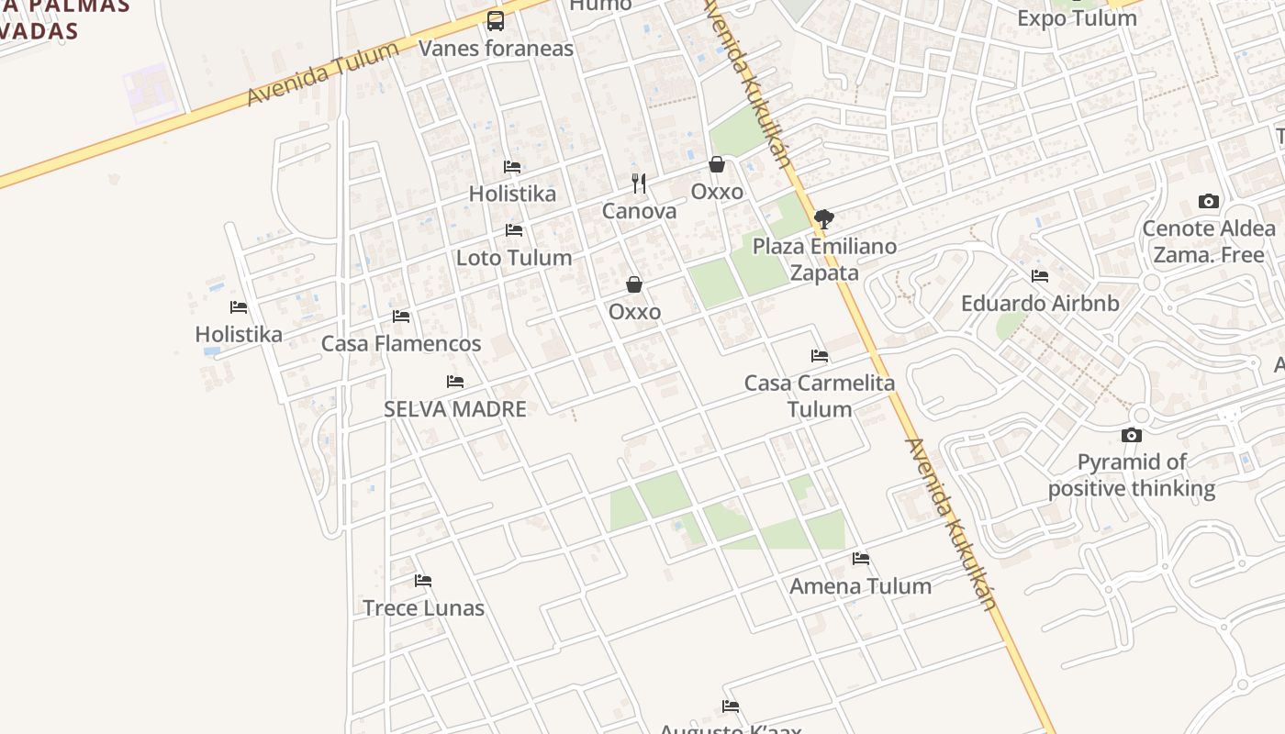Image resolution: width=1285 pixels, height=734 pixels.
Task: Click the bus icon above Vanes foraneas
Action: pyautogui.click(x=496, y=20)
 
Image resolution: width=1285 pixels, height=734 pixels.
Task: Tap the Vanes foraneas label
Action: pyautogui.click(x=496, y=48)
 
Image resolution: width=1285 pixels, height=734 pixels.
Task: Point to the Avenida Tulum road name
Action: pyautogui.click(x=323, y=73)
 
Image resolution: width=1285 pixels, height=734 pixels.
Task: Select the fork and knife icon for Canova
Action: pyautogui.click(x=639, y=183)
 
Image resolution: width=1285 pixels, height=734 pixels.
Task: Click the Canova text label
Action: pyautogui.click(x=639, y=211)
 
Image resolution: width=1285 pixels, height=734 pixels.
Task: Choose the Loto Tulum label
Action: pyautogui.click(x=514, y=258)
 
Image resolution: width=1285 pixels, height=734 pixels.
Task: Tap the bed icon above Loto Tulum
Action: pyautogui.click(x=514, y=230)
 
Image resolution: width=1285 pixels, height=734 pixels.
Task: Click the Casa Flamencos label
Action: pyautogui.click(x=401, y=344)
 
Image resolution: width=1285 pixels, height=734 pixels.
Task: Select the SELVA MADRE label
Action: pyautogui.click(x=455, y=409)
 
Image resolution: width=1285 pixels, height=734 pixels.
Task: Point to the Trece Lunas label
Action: pyautogui.click(x=423, y=608)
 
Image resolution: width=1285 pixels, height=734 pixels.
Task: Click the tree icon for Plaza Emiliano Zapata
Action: pyautogui.click(x=823, y=218)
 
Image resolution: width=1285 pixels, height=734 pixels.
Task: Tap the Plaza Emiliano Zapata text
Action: pyautogui.click(x=824, y=260)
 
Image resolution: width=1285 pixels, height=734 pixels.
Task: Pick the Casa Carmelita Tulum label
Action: pyautogui.click(x=820, y=395)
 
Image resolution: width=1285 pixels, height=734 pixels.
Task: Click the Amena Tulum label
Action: pyautogui.click(x=860, y=586)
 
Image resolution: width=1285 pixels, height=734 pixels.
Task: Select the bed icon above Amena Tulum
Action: pyautogui.click(x=860, y=558)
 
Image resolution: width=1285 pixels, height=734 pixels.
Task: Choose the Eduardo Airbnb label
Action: pyautogui.click(x=1040, y=304)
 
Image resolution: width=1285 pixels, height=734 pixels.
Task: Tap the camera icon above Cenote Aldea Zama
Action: pyautogui.click(x=1209, y=202)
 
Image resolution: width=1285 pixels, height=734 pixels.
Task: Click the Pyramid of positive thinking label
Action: pyautogui.click(x=1132, y=475)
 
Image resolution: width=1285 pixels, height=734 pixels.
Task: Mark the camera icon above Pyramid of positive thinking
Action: pyautogui.click(x=1132, y=436)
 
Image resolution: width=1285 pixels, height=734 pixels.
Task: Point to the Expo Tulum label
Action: pyautogui.click(x=1077, y=18)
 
